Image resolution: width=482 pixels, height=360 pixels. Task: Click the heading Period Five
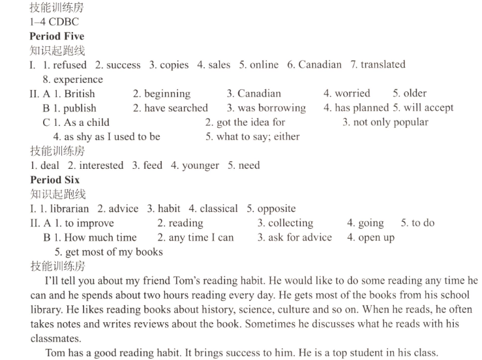click(x=57, y=36)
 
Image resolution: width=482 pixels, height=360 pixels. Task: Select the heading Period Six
click(x=55, y=180)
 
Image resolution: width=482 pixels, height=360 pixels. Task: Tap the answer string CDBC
click(x=63, y=22)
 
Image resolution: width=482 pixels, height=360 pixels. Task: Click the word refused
click(x=70, y=65)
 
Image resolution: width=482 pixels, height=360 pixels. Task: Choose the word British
click(x=80, y=93)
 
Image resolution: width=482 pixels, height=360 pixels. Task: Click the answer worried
click(x=352, y=93)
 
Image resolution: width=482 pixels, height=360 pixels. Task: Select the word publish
click(x=80, y=108)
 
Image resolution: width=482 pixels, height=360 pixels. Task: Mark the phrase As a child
click(x=87, y=122)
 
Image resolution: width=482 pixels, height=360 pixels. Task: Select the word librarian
click(x=69, y=209)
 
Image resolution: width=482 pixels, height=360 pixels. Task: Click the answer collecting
click(x=291, y=223)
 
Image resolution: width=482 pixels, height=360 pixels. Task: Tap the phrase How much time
click(x=100, y=237)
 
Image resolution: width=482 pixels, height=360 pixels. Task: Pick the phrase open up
click(x=376, y=237)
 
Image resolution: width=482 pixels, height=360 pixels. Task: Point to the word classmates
click(x=55, y=338)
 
